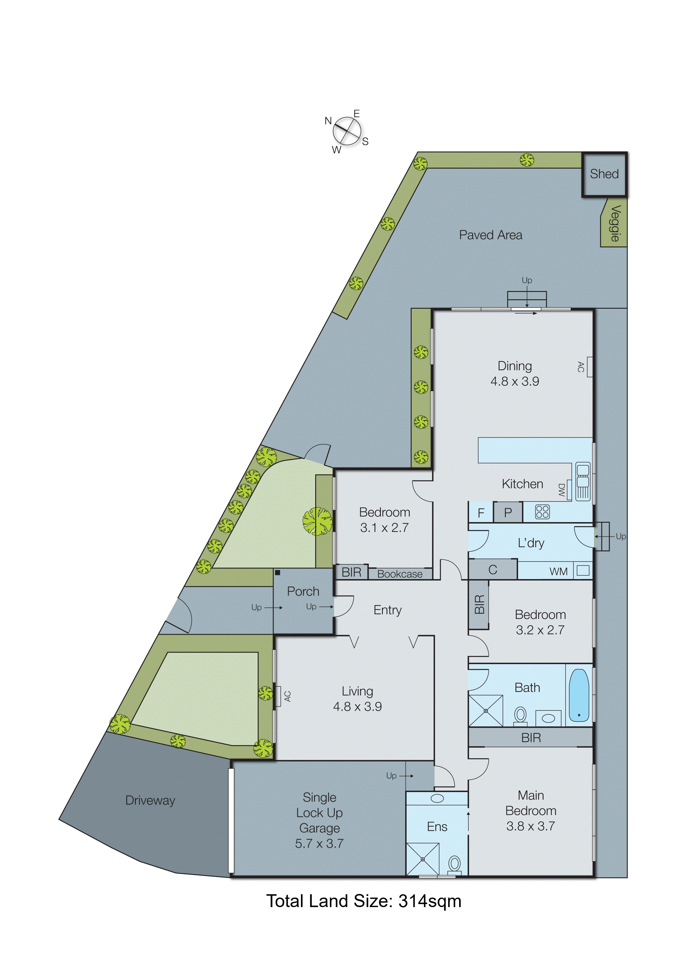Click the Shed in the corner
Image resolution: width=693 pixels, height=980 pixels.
tap(604, 174)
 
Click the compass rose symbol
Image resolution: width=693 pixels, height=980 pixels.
tap(347, 131)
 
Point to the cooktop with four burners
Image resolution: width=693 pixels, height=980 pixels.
tap(542, 512)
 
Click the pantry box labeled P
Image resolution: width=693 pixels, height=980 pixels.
tap(508, 512)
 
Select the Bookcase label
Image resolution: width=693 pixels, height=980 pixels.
tap(400, 574)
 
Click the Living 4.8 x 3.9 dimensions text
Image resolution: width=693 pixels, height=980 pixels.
tap(357, 707)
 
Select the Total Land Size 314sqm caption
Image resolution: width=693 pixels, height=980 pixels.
tap(364, 901)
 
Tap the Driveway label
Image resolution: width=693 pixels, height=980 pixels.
tap(150, 800)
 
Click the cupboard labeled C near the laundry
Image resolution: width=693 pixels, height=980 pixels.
tap(493, 570)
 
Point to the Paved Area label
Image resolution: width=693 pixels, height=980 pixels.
tap(491, 235)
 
